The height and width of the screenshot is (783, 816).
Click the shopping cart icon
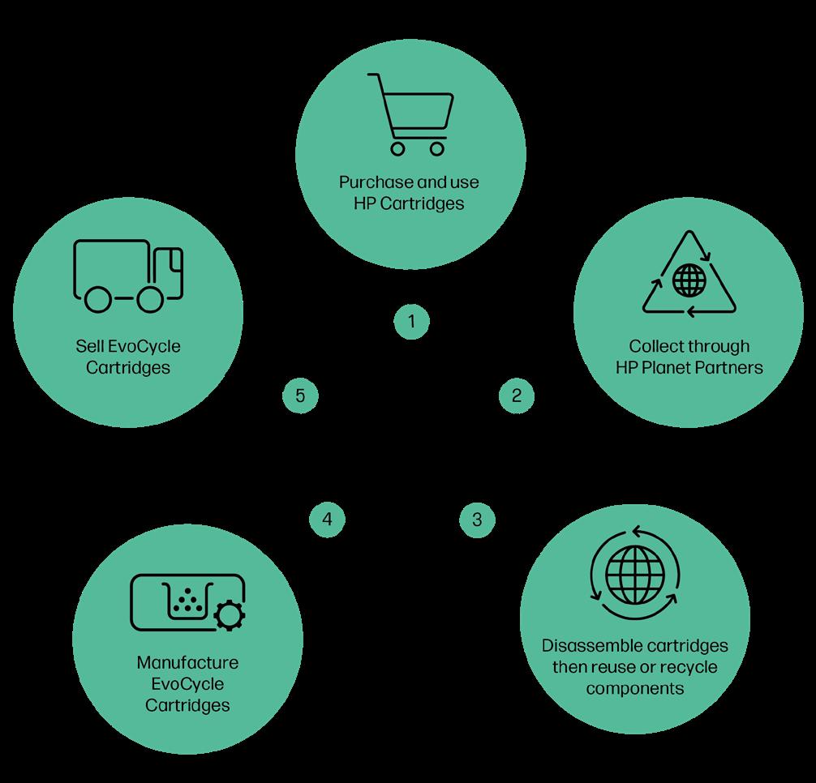(x=410, y=113)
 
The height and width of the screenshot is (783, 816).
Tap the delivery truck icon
(x=127, y=275)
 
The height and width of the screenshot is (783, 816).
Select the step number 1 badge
(x=411, y=322)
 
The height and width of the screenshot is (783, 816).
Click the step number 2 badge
(x=517, y=396)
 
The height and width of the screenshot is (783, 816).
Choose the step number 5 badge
(x=300, y=396)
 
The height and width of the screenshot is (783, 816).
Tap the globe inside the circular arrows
(x=634, y=564)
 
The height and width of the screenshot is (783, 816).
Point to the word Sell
(x=88, y=347)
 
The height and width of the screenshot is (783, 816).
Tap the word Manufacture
(x=187, y=662)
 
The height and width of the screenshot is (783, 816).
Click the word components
(x=635, y=689)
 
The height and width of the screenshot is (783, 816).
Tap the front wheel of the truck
(x=149, y=298)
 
